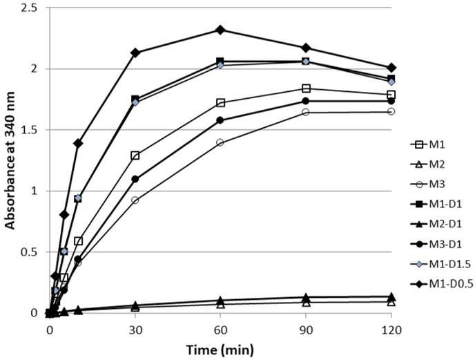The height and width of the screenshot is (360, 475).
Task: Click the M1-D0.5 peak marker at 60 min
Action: [x=220, y=30]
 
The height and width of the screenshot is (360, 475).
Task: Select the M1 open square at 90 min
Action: [x=306, y=88]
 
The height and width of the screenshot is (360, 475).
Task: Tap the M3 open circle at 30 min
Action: [x=135, y=200]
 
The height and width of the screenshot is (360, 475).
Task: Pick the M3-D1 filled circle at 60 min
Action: [x=220, y=120]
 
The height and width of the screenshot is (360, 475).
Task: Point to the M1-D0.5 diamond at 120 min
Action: [x=391, y=68]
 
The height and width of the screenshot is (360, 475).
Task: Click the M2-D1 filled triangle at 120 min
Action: [x=391, y=296]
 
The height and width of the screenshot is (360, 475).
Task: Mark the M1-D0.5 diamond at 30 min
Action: [x=135, y=53]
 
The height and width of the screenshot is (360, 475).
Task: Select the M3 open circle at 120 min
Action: [x=391, y=112]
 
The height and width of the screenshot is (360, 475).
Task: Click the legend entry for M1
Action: [x=428, y=144]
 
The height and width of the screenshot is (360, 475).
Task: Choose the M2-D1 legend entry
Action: [x=436, y=224]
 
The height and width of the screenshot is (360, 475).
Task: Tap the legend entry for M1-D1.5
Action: [x=440, y=264]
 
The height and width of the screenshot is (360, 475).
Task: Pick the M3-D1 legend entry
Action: [x=436, y=244]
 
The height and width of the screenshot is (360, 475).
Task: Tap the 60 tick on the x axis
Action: [x=220, y=330]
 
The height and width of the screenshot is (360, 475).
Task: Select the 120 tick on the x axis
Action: [x=391, y=330]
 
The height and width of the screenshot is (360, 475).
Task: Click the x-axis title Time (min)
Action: [x=220, y=350]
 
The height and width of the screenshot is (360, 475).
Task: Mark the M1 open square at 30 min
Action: [x=135, y=156]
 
